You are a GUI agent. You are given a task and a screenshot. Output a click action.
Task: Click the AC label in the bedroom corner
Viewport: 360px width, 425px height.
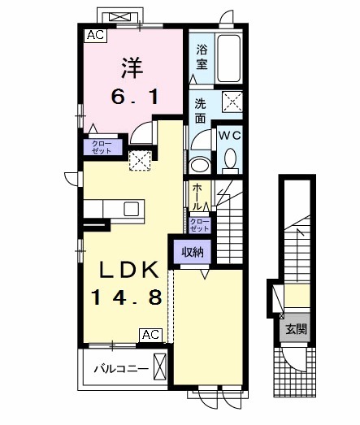tap(94, 35)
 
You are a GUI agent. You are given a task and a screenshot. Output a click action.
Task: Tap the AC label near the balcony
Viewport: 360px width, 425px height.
tap(150, 334)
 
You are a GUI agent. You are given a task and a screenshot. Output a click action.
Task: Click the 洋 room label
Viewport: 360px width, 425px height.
tap(134, 64)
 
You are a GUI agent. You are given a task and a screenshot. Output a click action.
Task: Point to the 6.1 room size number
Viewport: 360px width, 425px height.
tap(135, 97)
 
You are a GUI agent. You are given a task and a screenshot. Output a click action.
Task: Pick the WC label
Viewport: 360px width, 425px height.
tap(228, 136)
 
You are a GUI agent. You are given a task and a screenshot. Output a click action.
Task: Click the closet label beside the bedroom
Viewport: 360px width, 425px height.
tap(102, 147)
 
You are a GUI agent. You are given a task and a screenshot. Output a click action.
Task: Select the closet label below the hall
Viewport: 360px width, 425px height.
tap(200, 223)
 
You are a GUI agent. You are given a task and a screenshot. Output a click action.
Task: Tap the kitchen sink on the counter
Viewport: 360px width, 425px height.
tap(132, 209)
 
